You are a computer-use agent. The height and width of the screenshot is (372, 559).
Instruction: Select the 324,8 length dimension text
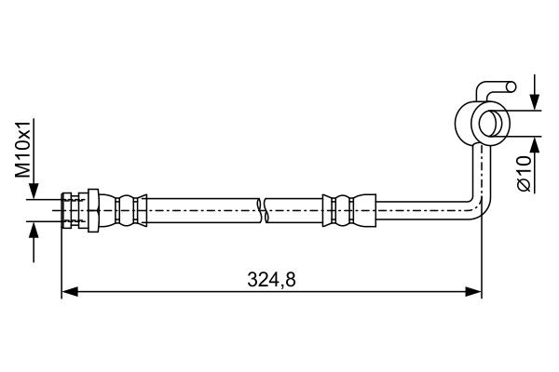coord(271,278)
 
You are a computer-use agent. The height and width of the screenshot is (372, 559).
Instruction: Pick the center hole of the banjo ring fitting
coord(487,123)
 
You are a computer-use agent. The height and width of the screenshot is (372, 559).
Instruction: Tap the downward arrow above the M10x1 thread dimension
coord(34,191)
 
